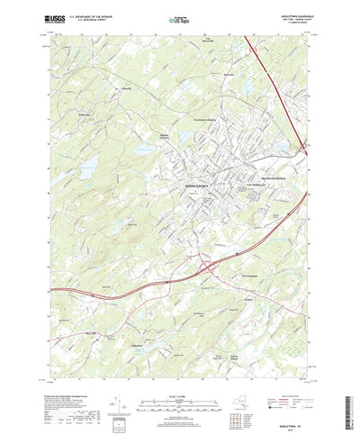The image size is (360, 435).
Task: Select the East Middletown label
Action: click(x=235, y=187)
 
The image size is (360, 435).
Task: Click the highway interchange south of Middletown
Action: click(x=210, y=266)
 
